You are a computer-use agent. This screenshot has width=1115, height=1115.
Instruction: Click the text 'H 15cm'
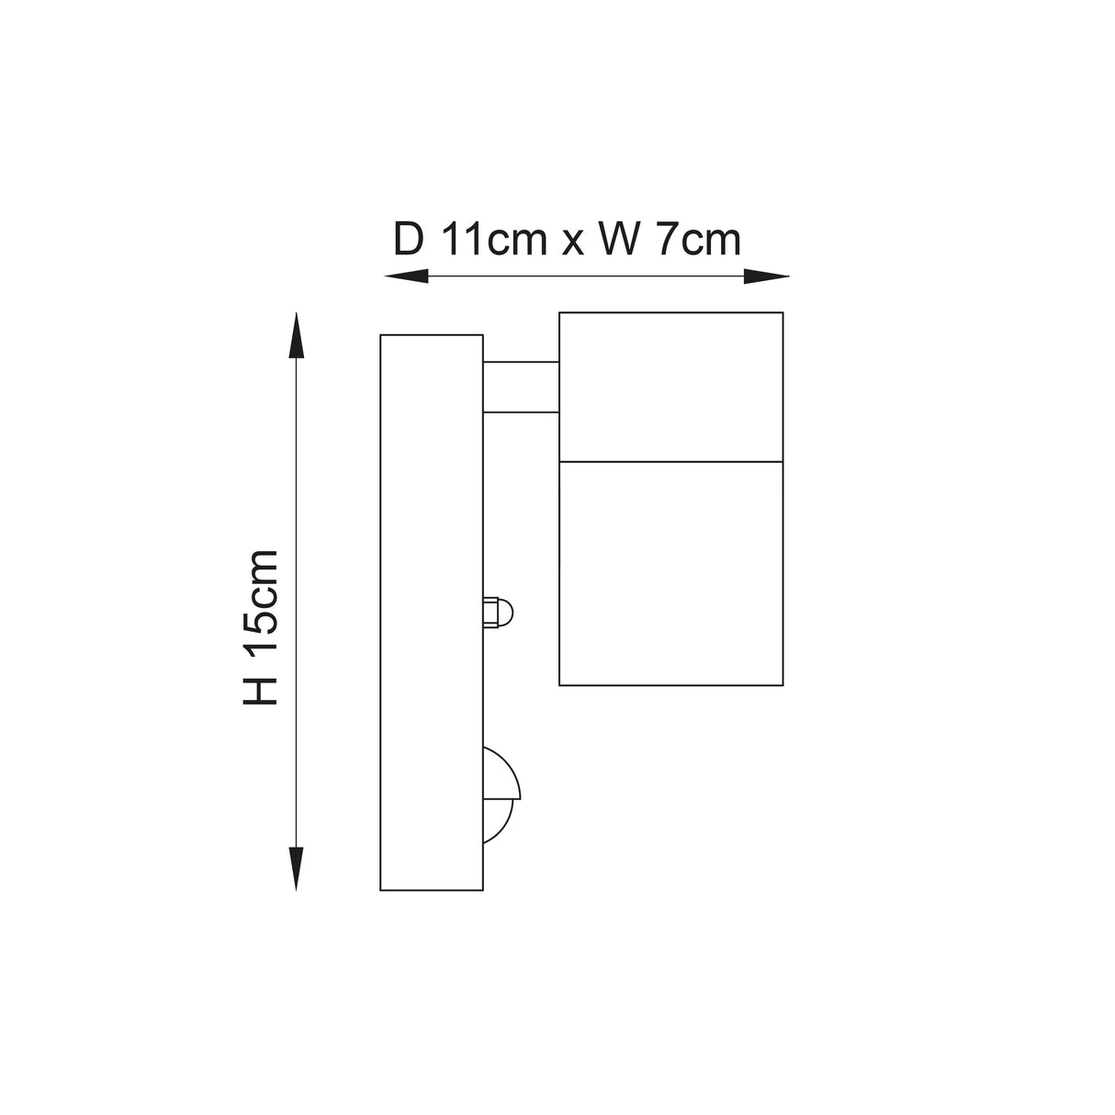[x=260, y=628]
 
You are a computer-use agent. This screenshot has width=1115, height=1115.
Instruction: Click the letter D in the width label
[x=409, y=241]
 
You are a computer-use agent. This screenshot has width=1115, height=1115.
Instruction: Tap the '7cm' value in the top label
[x=697, y=241]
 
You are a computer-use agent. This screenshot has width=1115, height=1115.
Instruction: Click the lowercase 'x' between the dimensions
[x=572, y=244]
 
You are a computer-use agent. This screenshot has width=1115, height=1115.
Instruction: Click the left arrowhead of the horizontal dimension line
[x=405, y=276]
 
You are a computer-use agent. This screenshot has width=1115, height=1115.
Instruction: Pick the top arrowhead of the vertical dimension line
[x=296, y=334]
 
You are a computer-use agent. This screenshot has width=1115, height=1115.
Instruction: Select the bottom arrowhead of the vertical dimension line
[x=296, y=869]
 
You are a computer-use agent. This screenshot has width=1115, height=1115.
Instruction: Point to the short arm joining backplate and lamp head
[x=521, y=387]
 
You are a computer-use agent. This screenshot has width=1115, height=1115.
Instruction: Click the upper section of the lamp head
[x=670, y=386]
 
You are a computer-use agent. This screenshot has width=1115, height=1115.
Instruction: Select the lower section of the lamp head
[x=670, y=573]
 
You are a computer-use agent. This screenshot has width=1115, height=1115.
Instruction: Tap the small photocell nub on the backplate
[x=498, y=612]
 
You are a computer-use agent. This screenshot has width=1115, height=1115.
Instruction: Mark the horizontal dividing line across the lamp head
[x=670, y=460]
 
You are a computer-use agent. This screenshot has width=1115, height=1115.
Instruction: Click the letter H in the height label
[x=260, y=692]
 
